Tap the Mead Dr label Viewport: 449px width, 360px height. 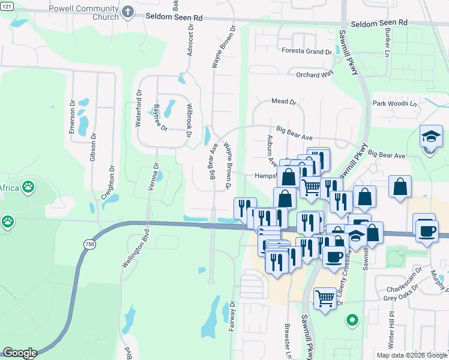coord(284,102)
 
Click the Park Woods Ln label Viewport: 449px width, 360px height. coord(395,103)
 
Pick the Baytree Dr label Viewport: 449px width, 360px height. coord(160,117)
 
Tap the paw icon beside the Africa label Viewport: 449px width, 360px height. coord(28,187)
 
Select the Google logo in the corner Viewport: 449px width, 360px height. coord(19,353)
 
